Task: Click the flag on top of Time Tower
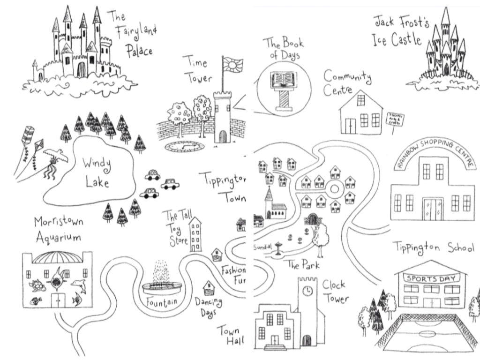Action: click(x=232, y=64)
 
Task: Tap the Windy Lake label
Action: click(x=97, y=172)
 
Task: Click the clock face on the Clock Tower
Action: click(x=307, y=291)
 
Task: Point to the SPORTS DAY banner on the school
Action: click(x=427, y=278)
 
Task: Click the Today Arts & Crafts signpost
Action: click(x=395, y=120)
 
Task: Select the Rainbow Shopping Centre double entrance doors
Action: click(x=434, y=209)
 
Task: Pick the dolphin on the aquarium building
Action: click(x=78, y=285)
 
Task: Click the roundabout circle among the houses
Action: click(x=335, y=189)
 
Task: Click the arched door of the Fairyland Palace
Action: click(x=81, y=70)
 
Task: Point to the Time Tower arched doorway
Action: click(x=223, y=136)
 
